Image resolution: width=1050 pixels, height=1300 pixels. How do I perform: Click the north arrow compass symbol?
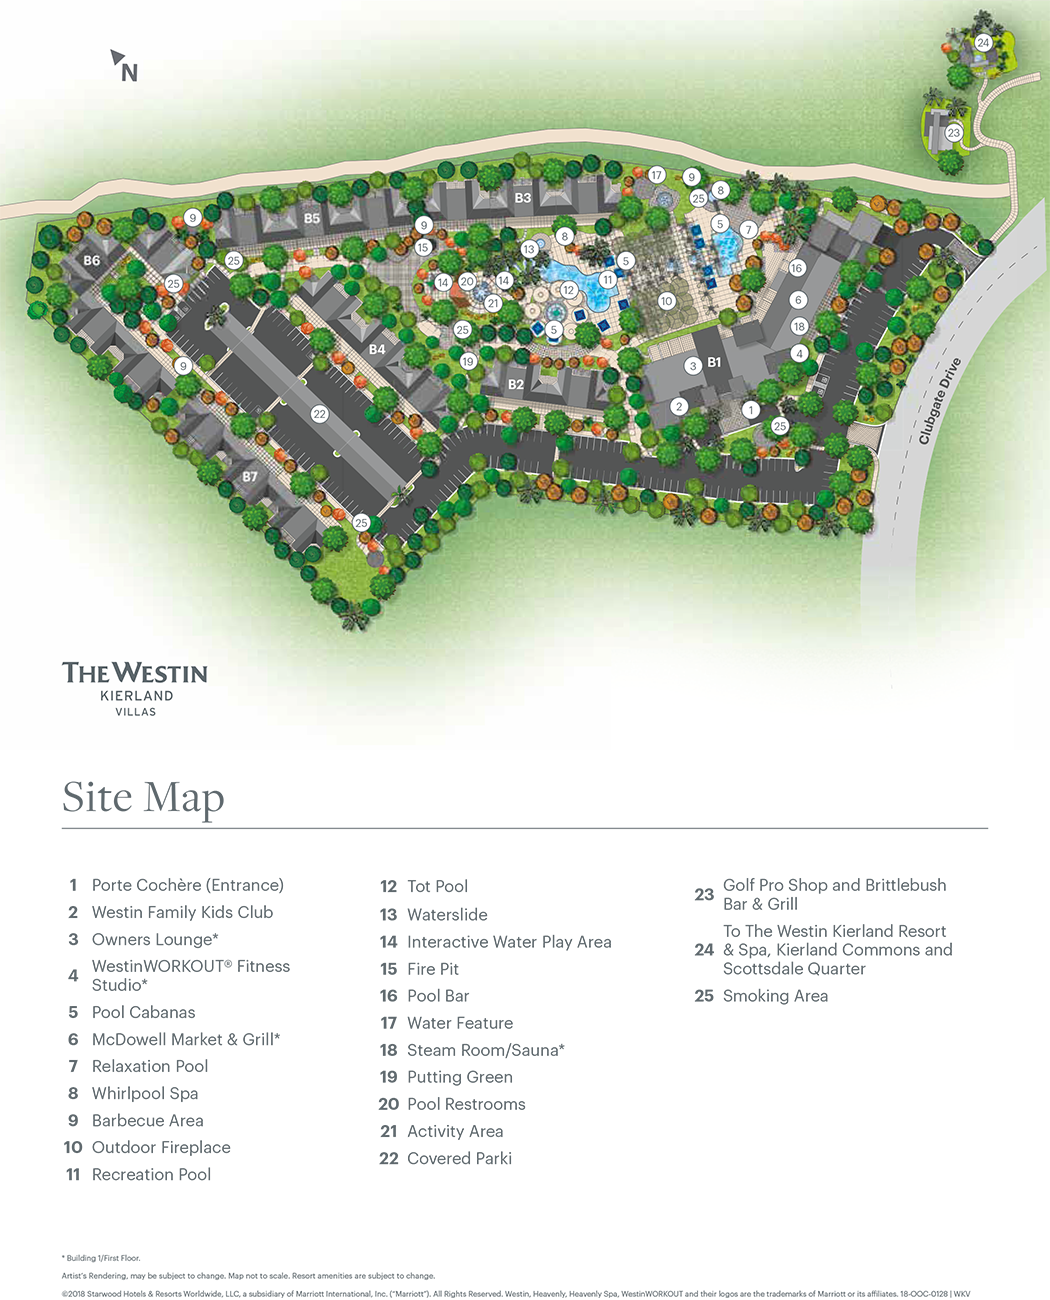tap(123, 66)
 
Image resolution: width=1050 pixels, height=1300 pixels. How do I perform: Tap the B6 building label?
tap(92, 261)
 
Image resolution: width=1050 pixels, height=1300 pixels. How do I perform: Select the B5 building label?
tap(312, 219)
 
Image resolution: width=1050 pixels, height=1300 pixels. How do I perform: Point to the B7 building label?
tap(250, 477)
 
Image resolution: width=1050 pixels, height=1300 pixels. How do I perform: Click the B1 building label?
tap(714, 363)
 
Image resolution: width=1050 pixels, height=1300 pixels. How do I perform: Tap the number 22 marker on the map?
tap(319, 414)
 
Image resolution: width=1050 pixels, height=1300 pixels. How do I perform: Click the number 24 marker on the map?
tap(983, 43)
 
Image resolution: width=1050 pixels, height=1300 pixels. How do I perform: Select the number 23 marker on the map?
tap(953, 133)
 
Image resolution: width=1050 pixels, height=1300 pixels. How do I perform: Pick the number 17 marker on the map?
tap(656, 175)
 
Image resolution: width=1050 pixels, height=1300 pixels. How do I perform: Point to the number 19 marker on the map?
tap(468, 362)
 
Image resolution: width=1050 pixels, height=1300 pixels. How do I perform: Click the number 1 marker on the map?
tap(751, 410)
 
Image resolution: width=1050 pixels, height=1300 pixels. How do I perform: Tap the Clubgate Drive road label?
tap(940, 401)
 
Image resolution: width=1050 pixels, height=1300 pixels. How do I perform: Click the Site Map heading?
tap(143, 798)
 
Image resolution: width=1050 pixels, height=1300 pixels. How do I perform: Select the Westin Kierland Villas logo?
tap(135, 687)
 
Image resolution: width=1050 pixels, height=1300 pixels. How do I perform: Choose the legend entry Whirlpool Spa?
tap(145, 1093)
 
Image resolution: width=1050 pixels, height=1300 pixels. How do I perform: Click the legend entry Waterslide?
tap(447, 914)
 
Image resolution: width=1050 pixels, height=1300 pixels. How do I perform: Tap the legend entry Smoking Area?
tap(775, 996)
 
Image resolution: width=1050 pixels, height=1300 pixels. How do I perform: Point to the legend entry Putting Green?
tap(459, 1077)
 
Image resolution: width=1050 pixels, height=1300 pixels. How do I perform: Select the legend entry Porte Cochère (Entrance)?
tap(187, 885)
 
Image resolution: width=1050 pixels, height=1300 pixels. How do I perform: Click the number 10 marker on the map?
tap(666, 301)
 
